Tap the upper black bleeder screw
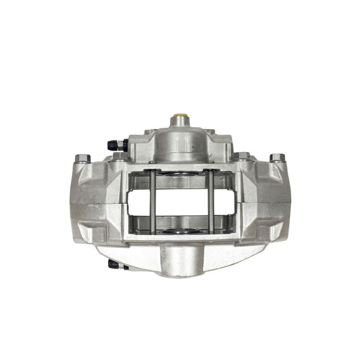(x=114, y=145)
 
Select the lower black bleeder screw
(x=115, y=265)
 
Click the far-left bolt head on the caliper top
(x=82, y=159)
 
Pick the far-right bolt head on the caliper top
(x=277, y=158)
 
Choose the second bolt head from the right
(x=242, y=157)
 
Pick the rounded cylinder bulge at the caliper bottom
(x=180, y=260)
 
